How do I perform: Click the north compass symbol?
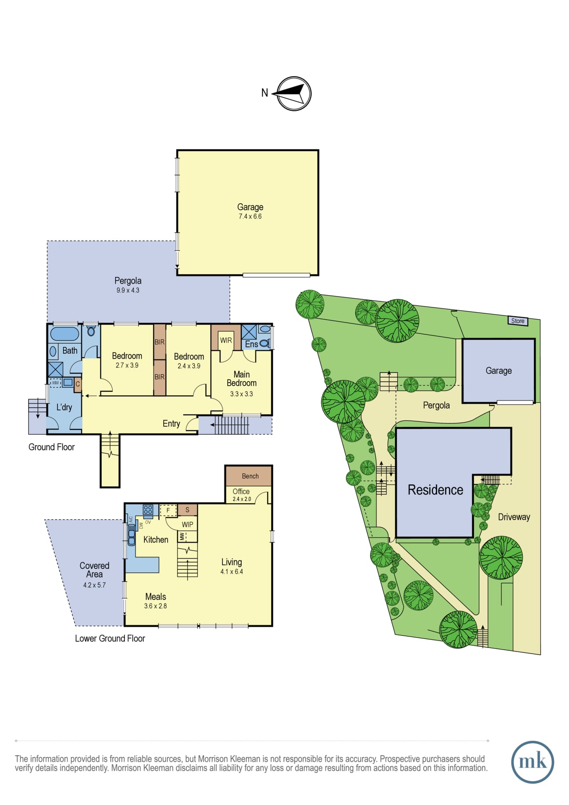(x=294, y=94)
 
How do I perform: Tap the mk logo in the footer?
(x=532, y=762)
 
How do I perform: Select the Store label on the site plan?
(x=517, y=321)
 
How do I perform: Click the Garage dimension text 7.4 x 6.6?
(x=250, y=217)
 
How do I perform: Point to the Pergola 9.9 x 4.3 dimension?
(x=128, y=290)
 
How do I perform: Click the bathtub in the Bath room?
(x=64, y=334)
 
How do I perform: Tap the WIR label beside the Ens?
(x=226, y=340)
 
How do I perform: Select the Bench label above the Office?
(x=250, y=476)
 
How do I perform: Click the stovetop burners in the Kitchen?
(x=148, y=510)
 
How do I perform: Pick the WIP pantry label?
(x=188, y=524)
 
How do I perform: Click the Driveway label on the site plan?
(x=514, y=517)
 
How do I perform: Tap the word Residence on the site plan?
(x=435, y=490)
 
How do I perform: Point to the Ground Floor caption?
(x=52, y=447)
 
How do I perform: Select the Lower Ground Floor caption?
(x=110, y=638)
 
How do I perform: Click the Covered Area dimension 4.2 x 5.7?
(x=95, y=585)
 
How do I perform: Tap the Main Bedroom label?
(x=241, y=379)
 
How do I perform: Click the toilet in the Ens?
(x=264, y=343)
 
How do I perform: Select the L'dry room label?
(x=64, y=407)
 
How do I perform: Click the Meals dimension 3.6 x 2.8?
(x=155, y=606)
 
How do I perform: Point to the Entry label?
(x=171, y=423)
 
